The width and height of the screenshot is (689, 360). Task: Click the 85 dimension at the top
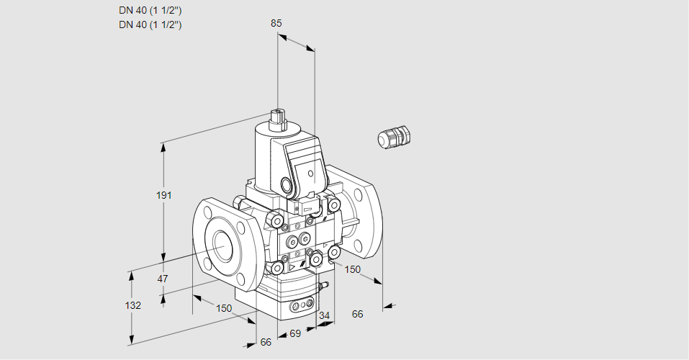(276, 23)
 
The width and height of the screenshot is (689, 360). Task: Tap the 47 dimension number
(163, 279)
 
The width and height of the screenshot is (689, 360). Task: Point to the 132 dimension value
(133, 305)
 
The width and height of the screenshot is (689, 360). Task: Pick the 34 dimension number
(324, 315)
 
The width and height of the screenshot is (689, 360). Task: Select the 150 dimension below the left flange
(224, 308)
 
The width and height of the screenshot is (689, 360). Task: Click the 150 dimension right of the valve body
(352, 270)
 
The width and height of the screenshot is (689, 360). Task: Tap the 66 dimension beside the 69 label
(266, 342)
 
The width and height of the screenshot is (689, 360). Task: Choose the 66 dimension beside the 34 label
(357, 314)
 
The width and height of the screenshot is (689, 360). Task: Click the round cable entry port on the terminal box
(289, 186)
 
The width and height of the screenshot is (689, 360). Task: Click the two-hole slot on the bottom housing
(300, 307)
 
